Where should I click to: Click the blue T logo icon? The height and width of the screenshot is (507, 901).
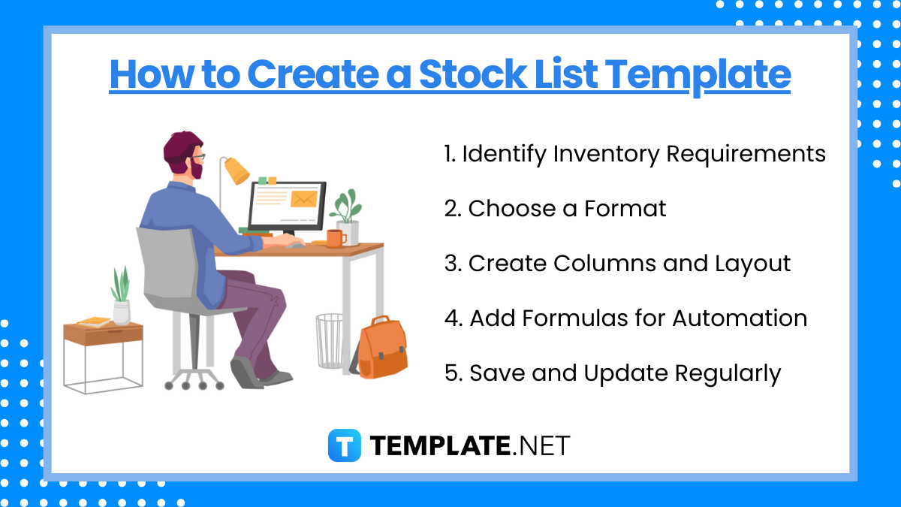click(x=345, y=445)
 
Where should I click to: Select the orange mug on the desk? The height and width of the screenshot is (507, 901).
click(x=335, y=238)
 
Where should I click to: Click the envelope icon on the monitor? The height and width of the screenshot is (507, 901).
click(x=303, y=199)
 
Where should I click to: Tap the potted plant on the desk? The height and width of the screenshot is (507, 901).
click(x=346, y=217)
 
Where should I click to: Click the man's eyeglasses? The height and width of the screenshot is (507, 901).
click(x=197, y=158)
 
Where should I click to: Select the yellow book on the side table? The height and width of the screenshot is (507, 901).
click(x=94, y=322)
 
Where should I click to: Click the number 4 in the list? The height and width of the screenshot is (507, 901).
click(x=452, y=318)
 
